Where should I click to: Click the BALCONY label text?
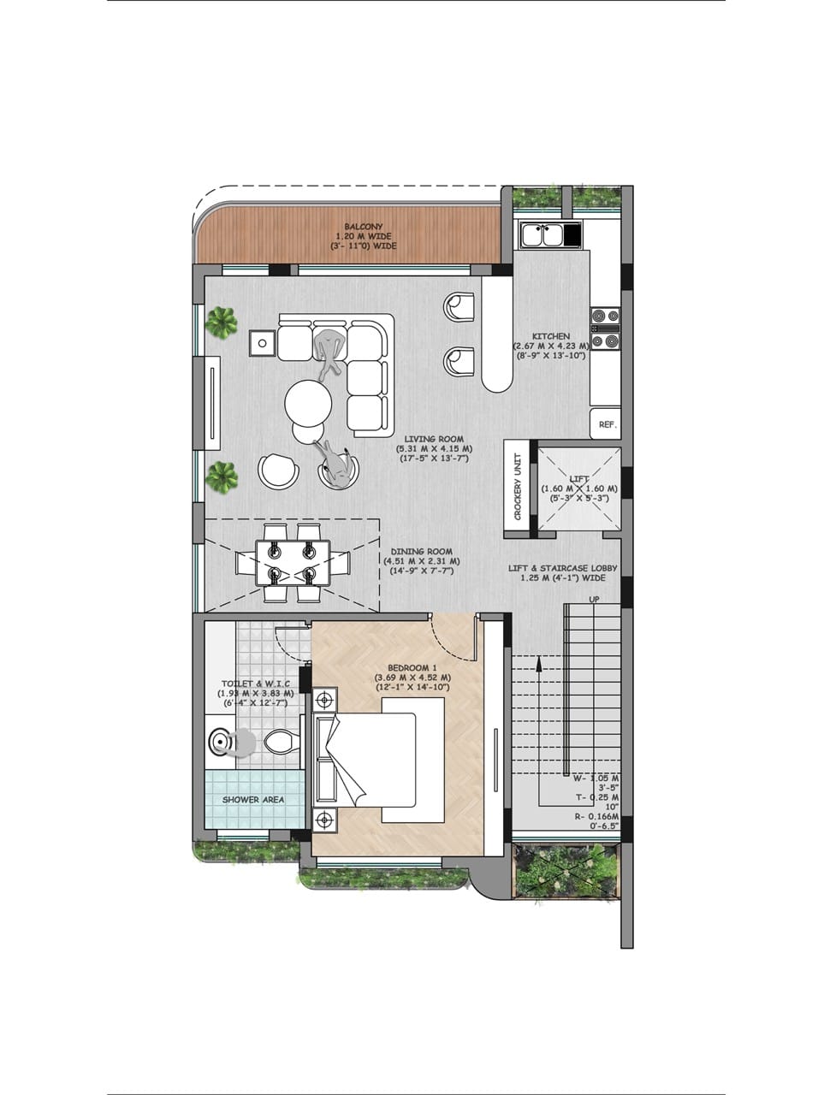(x=363, y=227)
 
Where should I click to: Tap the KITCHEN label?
(x=551, y=336)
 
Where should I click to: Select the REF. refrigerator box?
(x=605, y=423)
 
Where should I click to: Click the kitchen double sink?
(x=542, y=235)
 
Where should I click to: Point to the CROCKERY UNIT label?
(x=517, y=487)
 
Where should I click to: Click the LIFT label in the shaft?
(x=579, y=479)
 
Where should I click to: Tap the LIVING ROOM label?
(x=434, y=439)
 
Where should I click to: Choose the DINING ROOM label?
(x=422, y=551)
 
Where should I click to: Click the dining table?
(x=293, y=563)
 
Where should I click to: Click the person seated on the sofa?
(x=329, y=352)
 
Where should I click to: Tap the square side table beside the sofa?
(x=262, y=343)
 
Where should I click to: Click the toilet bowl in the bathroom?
(x=281, y=742)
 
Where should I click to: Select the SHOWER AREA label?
(x=253, y=799)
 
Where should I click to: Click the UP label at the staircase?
(x=594, y=599)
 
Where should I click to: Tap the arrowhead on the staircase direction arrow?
(x=539, y=662)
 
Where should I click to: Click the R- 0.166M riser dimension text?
(x=596, y=817)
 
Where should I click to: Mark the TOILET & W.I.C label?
(x=255, y=684)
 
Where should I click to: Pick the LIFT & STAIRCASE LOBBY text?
(x=563, y=568)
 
